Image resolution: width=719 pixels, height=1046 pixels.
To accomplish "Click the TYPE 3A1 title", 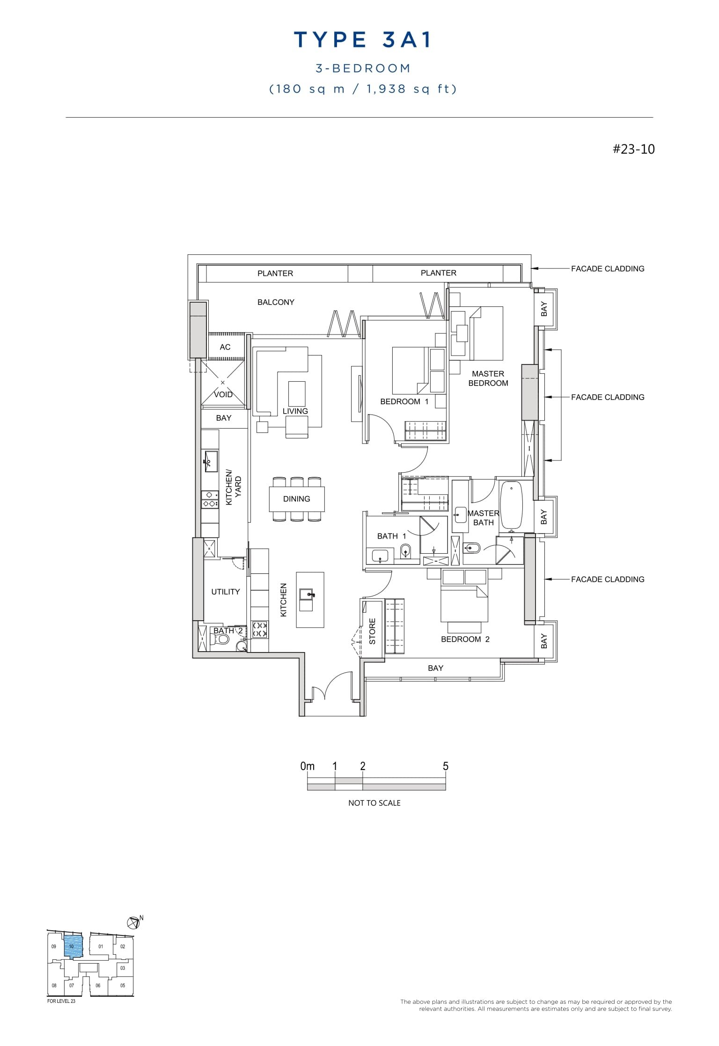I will [x=363, y=40].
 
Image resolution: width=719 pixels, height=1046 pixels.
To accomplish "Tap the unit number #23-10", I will [x=633, y=149].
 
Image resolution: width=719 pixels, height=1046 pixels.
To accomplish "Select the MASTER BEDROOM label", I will [x=488, y=378].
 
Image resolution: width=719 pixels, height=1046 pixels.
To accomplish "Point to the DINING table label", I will [x=296, y=499].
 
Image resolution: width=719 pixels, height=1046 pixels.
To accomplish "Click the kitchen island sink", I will [x=309, y=594].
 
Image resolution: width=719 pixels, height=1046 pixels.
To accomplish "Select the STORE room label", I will [x=373, y=631].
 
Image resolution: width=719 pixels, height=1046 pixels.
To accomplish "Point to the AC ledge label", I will [x=225, y=347].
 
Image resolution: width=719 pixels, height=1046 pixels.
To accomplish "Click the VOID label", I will [x=223, y=394].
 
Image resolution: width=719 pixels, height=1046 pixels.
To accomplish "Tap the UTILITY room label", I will [x=225, y=592].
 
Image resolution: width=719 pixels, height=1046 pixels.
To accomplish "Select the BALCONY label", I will [x=276, y=302].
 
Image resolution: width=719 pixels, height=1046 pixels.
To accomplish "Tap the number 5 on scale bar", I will [x=445, y=766].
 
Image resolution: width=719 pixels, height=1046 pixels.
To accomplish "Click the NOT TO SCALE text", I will [x=374, y=803].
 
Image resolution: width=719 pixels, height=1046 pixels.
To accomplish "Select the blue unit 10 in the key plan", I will [x=73, y=946].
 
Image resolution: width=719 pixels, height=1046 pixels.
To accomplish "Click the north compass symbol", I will [x=133, y=922].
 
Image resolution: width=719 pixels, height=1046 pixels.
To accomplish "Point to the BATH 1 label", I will [x=391, y=536].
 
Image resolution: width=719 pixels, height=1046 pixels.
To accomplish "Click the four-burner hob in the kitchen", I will [x=260, y=629].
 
